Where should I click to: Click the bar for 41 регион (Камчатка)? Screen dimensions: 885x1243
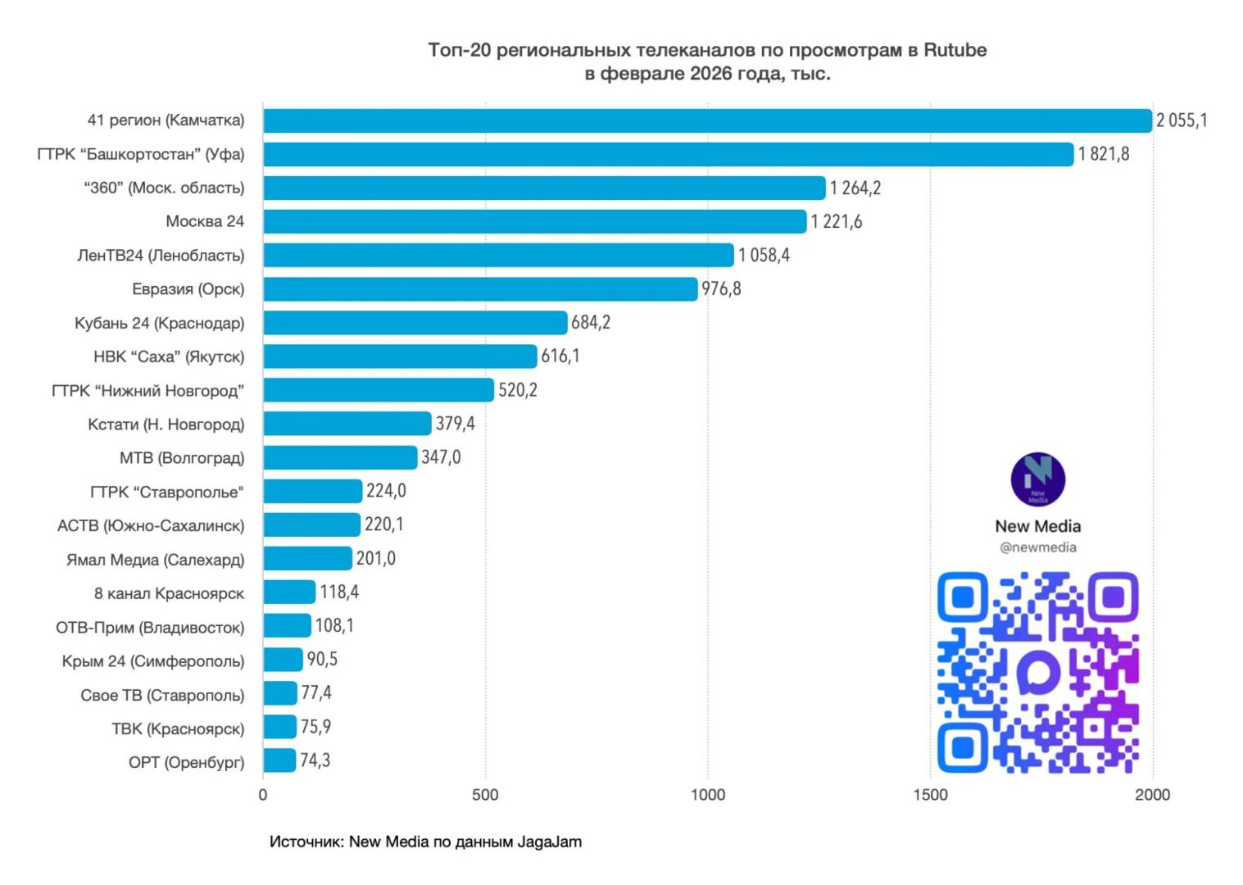pos(707,120)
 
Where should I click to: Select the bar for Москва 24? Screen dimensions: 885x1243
pos(534,221)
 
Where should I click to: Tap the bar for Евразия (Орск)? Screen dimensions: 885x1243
pos(480,288)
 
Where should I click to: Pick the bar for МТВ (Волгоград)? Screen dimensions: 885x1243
pos(340,457)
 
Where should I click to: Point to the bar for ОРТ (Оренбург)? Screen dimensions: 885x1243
pos(279,760)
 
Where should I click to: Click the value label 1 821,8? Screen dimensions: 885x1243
pos(1103,154)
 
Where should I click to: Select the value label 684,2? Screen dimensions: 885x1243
pos(590,322)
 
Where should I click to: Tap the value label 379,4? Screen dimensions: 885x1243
pos(455,424)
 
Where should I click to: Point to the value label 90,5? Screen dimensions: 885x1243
pos(322,659)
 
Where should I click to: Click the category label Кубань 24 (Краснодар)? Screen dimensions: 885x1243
pos(160,323)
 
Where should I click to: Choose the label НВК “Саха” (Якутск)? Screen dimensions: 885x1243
pos(169,356)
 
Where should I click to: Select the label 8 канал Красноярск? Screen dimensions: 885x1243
pos(169,593)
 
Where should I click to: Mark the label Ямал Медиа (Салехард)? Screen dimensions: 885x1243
pos(156,560)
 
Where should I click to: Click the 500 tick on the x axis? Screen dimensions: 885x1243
pos(485,794)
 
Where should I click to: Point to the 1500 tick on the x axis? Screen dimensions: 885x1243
pos(930,794)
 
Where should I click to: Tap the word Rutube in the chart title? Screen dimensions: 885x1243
pos(955,50)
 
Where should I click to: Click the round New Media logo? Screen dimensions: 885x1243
pos(1037,479)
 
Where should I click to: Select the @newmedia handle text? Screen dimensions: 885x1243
pos(1037,547)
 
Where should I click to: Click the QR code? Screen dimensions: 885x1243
pos(1037,672)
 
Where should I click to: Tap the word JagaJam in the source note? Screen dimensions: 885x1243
pos(549,842)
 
